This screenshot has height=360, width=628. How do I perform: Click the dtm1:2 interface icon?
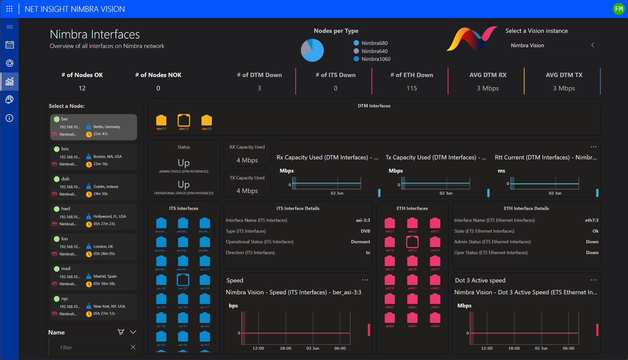coord(184,120)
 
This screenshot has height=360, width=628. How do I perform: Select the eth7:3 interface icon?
coord(412,242)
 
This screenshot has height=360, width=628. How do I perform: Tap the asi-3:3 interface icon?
coord(183,280)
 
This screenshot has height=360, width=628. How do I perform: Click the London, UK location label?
coord(103,246)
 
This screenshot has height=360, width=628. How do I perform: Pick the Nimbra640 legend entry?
coord(374,51)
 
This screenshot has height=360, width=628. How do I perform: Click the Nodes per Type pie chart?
coord(312,50)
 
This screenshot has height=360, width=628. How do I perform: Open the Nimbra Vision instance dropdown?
coord(552,45)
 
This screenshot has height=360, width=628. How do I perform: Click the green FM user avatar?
coord(619,9)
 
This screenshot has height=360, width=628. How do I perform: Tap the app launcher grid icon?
coord(9,9)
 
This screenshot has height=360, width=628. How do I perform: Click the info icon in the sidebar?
coord(9,118)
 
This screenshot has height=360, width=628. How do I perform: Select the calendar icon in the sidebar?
coord(9,45)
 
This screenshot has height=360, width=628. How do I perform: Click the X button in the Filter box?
coord(133,347)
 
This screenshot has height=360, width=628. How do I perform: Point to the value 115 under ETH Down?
coord(412,88)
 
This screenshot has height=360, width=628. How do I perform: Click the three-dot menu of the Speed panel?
coord(365,280)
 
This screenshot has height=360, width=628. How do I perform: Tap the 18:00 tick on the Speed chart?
coord(285,348)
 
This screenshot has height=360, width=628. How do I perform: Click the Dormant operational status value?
coord(360,242)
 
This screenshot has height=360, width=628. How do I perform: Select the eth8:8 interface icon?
coord(435,318)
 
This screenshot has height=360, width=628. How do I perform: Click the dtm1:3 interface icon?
coord(206,120)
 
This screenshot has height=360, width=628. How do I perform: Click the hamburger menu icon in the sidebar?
coord(9,27)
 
